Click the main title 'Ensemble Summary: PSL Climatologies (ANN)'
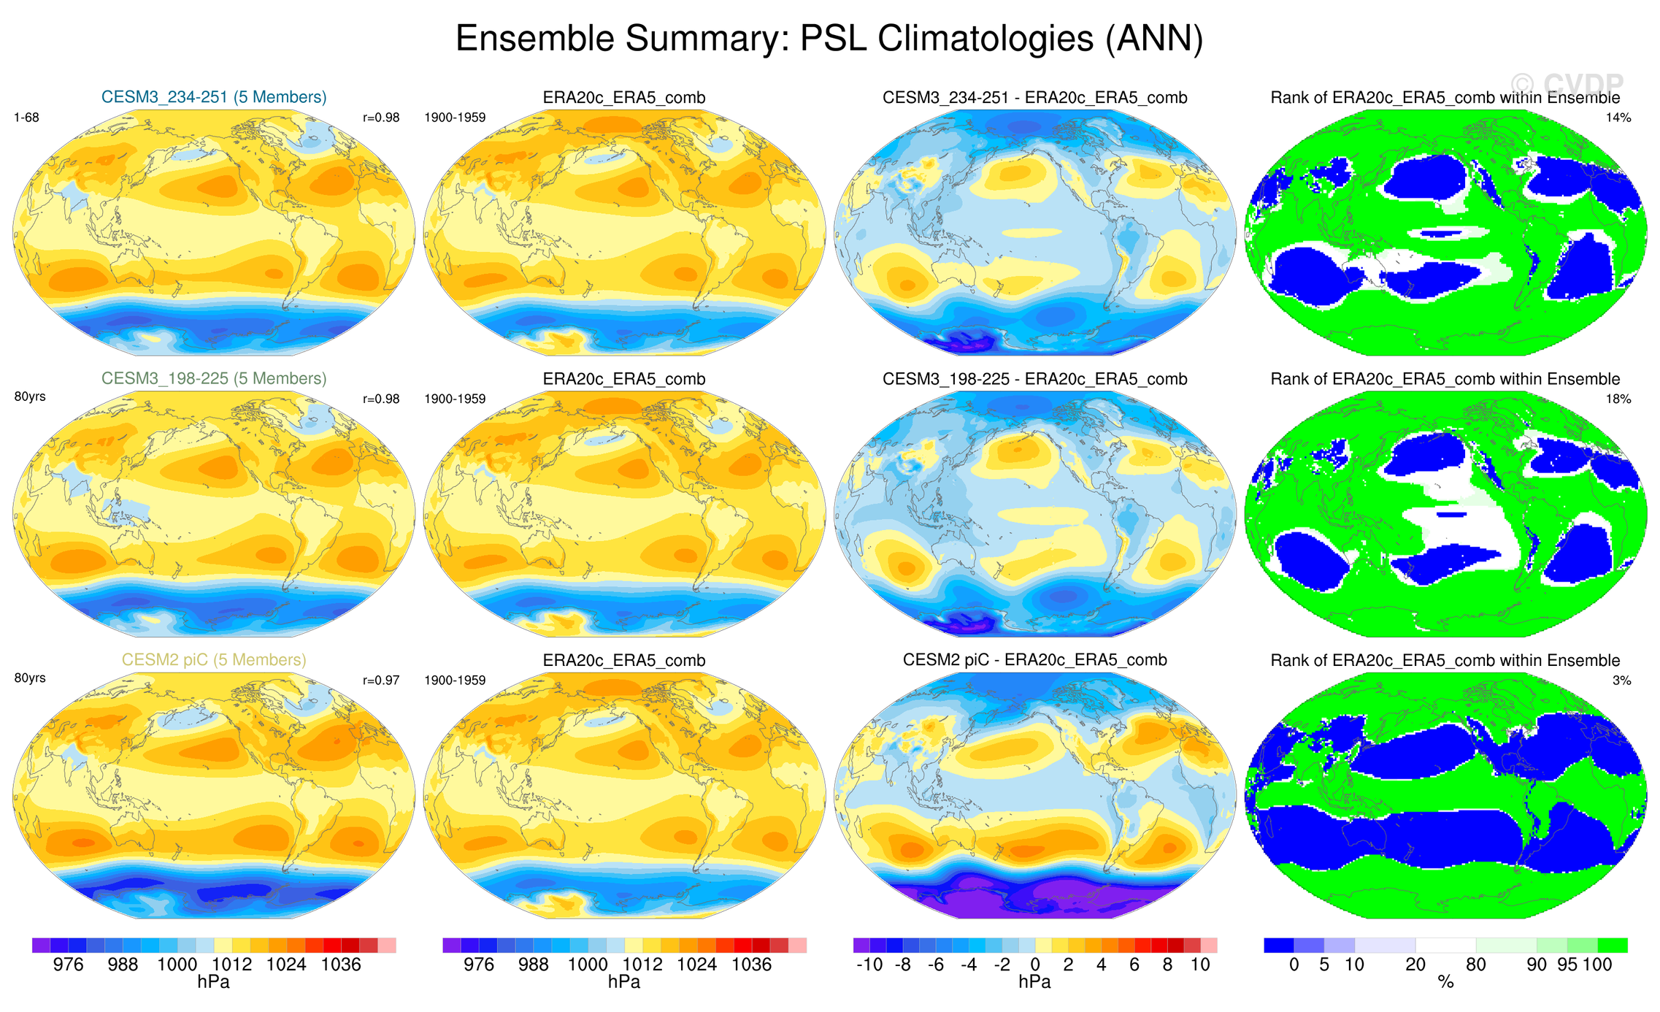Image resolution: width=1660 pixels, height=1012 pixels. pos(829,38)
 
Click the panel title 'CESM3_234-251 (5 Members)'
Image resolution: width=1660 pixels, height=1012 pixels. pos(214,97)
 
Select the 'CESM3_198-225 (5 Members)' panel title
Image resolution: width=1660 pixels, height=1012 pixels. pos(214,378)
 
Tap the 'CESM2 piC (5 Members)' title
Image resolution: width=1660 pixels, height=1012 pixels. pos(214,659)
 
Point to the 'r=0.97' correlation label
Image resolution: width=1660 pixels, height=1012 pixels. pos(381,681)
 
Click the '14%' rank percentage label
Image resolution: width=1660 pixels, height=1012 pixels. pos(1618,118)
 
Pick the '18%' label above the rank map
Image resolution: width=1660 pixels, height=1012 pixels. pos(1618,399)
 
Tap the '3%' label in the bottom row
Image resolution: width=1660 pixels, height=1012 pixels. pos(1621,681)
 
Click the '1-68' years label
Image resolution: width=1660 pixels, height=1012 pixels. pos(27,118)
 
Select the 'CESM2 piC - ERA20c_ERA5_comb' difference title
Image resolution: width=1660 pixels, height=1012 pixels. pos(1034,659)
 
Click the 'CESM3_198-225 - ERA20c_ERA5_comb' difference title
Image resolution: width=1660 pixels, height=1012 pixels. pos(1034,379)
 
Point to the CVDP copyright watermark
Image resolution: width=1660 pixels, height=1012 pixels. pos(1567,84)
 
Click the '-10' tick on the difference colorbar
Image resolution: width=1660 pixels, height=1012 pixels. pos(869,965)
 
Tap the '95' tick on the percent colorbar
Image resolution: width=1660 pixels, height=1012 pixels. pos(1567,965)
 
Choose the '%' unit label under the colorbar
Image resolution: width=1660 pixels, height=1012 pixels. pos(1445,983)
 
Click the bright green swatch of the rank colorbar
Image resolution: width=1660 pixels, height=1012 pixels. pos(1613,946)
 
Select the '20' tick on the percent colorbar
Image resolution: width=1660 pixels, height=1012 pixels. pos(1415,965)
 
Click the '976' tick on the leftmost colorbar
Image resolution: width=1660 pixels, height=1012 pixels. pos(69,965)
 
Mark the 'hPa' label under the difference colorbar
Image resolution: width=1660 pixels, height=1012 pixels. pos(1034,982)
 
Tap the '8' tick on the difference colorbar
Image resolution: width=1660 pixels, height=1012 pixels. pos(1167,965)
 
